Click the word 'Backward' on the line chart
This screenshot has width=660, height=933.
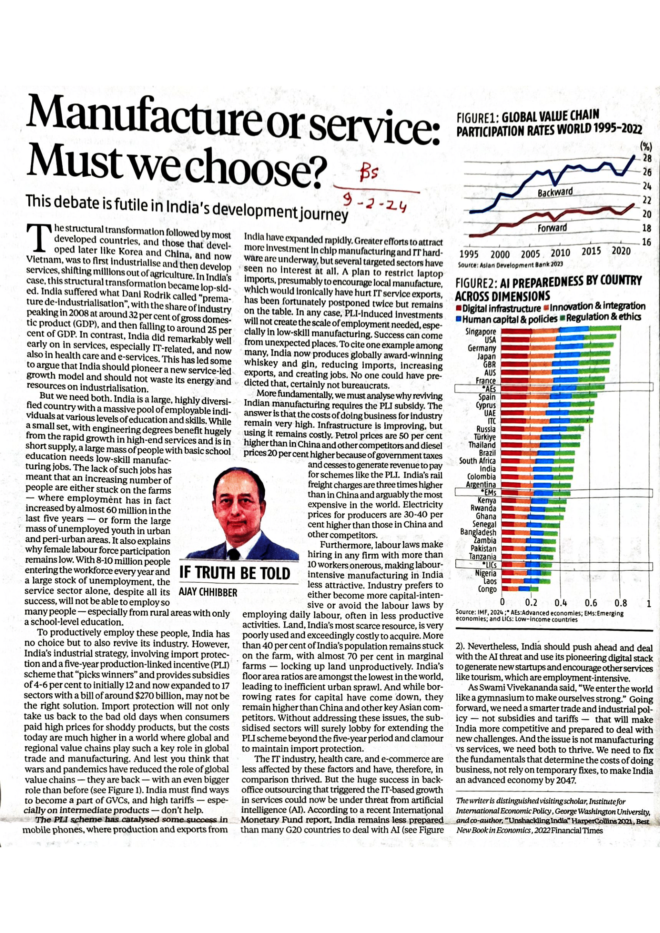click(x=555, y=192)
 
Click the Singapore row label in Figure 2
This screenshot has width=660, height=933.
click(x=481, y=332)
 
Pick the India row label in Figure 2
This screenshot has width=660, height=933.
click(x=488, y=469)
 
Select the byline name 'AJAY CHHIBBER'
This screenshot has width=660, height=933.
click(x=208, y=592)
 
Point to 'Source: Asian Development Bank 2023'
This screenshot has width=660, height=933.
click(x=510, y=265)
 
